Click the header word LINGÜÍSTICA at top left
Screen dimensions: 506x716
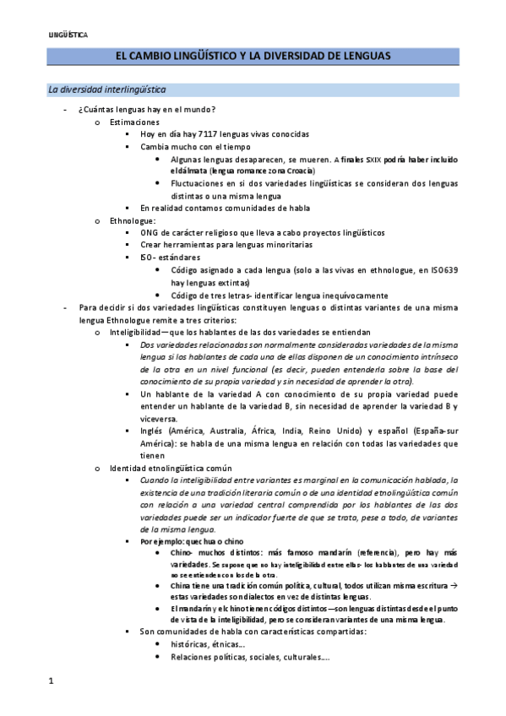pos(68,35)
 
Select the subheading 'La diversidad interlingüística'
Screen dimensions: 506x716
pos(107,89)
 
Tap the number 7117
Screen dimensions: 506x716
pos(210,134)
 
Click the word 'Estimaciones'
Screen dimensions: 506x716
pos(134,122)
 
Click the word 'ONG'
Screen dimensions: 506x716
pos(150,232)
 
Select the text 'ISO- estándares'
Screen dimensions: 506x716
pos(171,257)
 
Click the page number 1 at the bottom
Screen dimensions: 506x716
pos(51,680)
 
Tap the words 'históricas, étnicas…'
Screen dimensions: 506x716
pos(204,644)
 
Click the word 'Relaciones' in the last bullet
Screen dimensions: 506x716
pos(192,656)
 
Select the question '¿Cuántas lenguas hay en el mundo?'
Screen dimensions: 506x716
pos(147,110)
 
